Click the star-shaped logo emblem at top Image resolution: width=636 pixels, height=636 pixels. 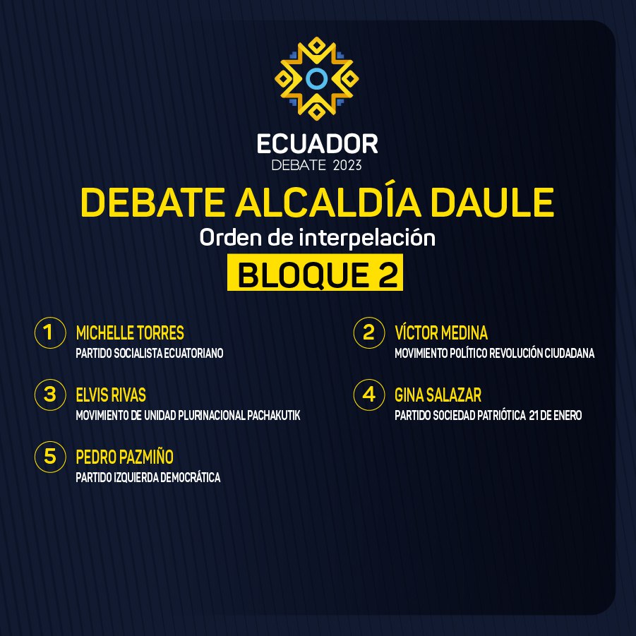click(x=317, y=78)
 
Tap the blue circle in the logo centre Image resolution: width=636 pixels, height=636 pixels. click(x=317, y=78)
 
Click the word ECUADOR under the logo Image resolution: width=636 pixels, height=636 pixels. click(x=317, y=144)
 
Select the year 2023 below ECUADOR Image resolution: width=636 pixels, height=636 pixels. click(x=347, y=165)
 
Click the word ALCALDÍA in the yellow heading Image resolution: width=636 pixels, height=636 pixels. click(x=328, y=202)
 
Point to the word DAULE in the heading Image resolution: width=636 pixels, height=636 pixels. click(x=492, y=202)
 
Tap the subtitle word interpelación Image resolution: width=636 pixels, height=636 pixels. click(x=367, y=238)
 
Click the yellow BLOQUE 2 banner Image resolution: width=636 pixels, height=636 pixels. click(x=315, y=272)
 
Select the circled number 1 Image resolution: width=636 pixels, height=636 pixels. click(x=50, y=332)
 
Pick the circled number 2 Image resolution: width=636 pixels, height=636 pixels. click(x=369, y=332)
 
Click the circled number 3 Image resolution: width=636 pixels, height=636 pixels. click(x=50, y=395)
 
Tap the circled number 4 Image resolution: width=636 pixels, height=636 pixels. click(x=369, y=395)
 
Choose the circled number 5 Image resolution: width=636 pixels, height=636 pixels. click(x=50, y=457)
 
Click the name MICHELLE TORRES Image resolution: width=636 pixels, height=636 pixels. click(x=130, y=332)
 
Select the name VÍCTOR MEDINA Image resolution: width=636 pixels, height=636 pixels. click(x=441, y=332)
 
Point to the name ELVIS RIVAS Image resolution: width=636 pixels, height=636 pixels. click(x=111, y=395)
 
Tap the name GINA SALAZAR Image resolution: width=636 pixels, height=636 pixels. click(x=438, y=395)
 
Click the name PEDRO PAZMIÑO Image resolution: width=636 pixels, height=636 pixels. click(x=125, y=456)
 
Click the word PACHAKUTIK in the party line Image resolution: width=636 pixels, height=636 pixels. click(x=274, y=415)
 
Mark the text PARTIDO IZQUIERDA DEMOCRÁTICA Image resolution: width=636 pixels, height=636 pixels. click(x=148, y=477)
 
